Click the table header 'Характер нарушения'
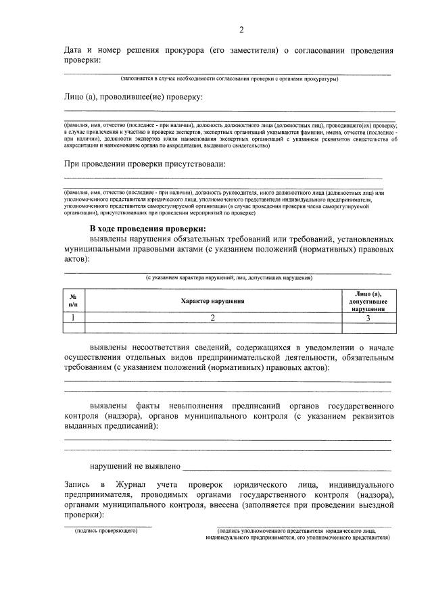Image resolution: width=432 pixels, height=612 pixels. coord(212,300)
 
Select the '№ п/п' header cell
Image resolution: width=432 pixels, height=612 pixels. coord(73,300)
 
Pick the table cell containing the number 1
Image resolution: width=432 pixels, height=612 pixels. coord(73,316)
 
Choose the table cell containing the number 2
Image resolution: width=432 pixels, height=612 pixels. coord(212,316)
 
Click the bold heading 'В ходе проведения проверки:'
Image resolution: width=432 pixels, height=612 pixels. coord(147,229)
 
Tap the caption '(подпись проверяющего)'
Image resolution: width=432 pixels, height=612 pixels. coord(106,531)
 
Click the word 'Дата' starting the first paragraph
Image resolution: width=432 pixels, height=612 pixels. coord(74,50)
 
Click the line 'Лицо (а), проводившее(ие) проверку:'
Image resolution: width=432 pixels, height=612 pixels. coord(133,97)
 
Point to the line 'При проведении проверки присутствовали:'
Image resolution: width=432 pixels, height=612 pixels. coord(145,164)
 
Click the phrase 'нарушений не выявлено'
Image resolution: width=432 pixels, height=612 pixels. coord(135,466)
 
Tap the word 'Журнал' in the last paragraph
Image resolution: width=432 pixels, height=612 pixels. coord(136,485)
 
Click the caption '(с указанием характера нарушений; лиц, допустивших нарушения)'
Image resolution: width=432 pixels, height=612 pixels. coord(231,278)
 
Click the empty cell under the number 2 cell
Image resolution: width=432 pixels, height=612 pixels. coord(212,328)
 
